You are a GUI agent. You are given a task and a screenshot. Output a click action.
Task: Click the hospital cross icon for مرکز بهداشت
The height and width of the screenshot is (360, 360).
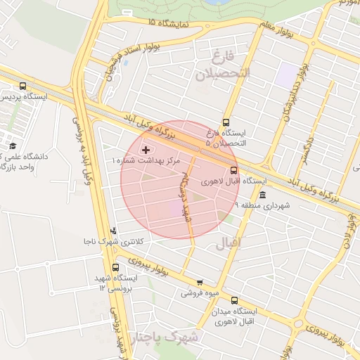[146, 150]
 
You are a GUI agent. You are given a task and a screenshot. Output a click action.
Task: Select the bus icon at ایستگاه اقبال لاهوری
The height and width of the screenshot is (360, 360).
[234, 169]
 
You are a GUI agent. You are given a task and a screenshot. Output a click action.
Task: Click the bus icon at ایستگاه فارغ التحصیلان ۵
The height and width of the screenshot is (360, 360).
[226, 122]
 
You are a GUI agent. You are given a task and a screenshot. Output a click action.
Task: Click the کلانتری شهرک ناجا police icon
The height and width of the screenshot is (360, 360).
[113, 230]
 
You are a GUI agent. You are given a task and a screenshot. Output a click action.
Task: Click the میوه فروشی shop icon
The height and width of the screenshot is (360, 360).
[200, 282]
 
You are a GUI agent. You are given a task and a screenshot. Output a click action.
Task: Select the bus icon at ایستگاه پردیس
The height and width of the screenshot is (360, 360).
[23, 86]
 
